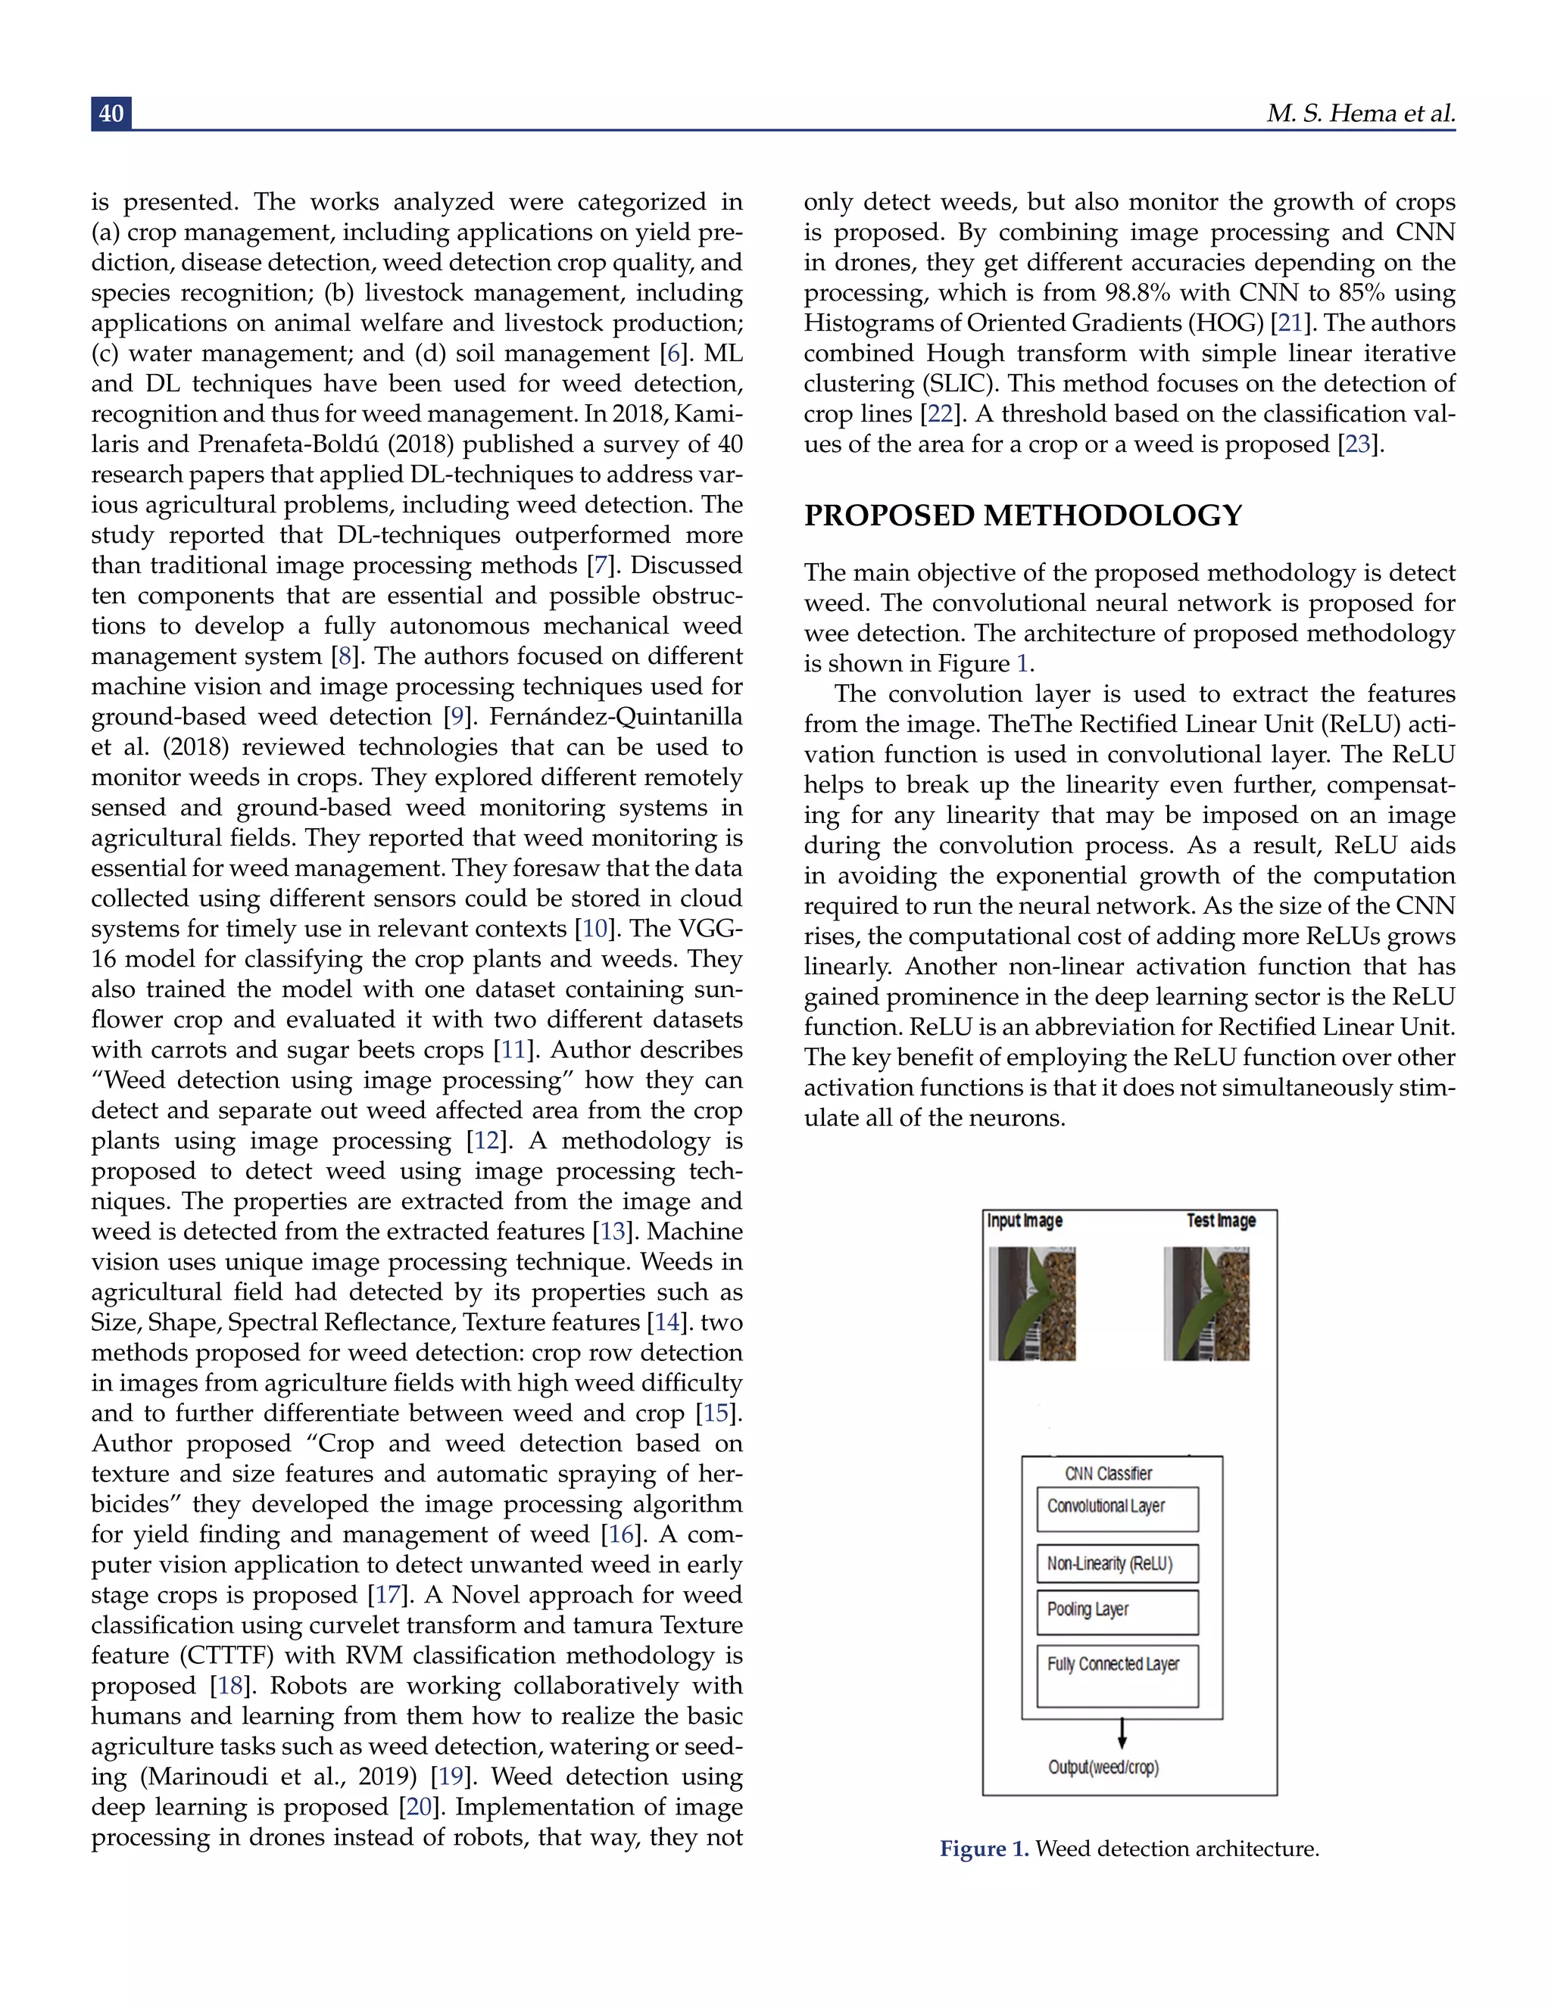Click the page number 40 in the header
tap(111, 113)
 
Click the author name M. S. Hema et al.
tap(1360, 113)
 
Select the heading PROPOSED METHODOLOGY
tap(1022, 516)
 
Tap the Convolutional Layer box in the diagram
tap(1116, 1509)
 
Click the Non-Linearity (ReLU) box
tap(1116, 1564)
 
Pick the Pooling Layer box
tap(1116, 1612)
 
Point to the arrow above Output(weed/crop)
tap(1122, 1732)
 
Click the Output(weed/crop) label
tap(1103, 1768)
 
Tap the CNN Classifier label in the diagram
tap(1108, 1473)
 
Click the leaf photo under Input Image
tap(1032, 1304)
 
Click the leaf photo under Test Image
tap(1206, 1304)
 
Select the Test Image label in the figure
tap(1220, 1221)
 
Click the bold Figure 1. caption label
tap(983, 1849)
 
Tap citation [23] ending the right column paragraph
tap(1358, 444)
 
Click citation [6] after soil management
tap(673, 354)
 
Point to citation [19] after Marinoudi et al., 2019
tap(451, 1777)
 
